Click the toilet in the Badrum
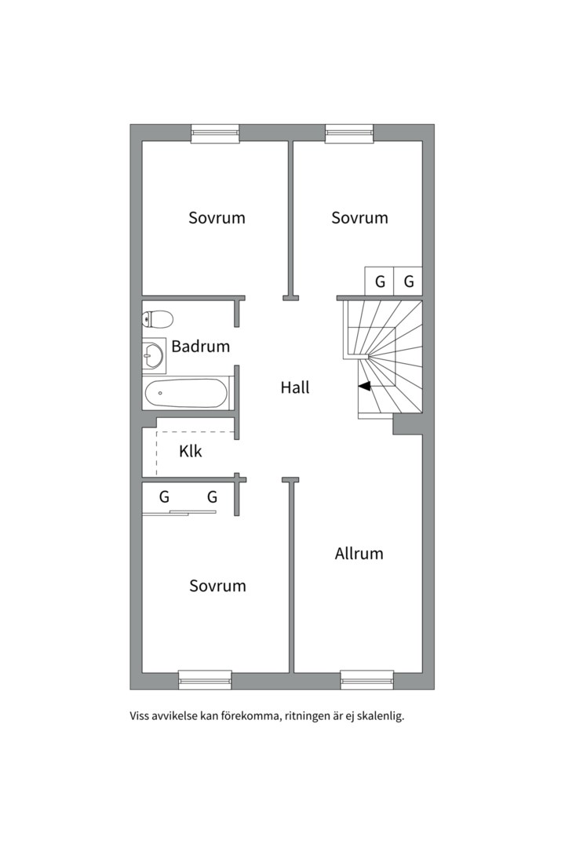(157, 318)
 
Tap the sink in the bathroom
(154, 356)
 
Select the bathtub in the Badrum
(187, 393)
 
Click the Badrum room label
(201, 347)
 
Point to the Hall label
(295, 387)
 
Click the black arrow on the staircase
(364, 386)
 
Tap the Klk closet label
(191, 451)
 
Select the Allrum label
(359, 554)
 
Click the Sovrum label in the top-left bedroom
(217, 218)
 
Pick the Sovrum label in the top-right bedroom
(359, 218)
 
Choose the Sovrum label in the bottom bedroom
(217, 586)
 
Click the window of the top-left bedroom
(215, 133)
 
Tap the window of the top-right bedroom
(349, 133)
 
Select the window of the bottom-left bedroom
(206, 680)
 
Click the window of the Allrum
(367, 680)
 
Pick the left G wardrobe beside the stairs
(380, 282)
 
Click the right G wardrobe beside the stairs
(408, 282)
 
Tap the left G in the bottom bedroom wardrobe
(164, 497)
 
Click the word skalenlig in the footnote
(382, 717)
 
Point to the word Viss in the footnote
(140, 717)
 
